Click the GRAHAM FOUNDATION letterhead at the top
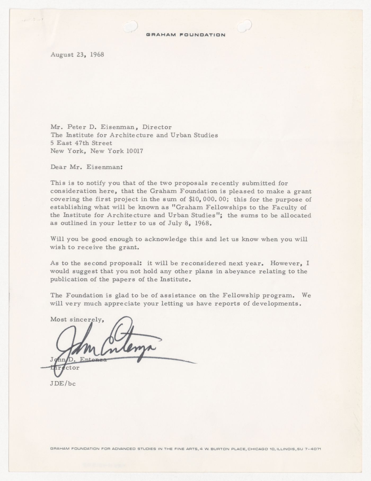click(x=185, y=35)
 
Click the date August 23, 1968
click(x=77, y=55)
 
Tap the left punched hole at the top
click(x=131, y=26)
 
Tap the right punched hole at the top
click(x=244, y=26)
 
